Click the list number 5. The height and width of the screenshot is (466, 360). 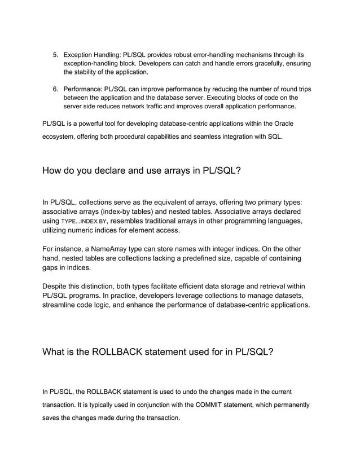tap(55, 55)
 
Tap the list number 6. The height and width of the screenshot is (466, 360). tap(55, 89)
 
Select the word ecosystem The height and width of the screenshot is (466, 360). tap(61, 137)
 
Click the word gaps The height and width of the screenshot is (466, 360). tap(52, 268)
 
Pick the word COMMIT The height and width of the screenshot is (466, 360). tap(212, 405)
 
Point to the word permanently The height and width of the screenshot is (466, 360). tap(284, 405)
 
